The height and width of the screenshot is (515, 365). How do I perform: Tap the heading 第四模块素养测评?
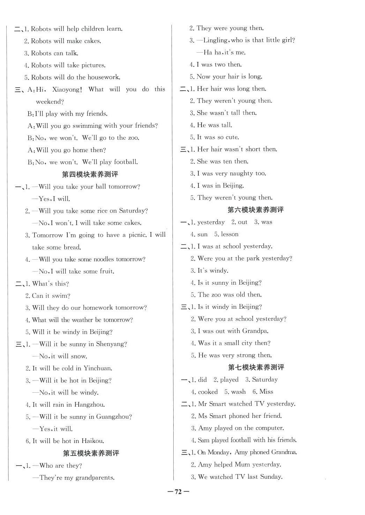(x=90, y=174)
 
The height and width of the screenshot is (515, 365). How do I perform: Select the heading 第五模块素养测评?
(x=91, y=453)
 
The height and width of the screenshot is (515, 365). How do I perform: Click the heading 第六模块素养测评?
(x=256, y=210)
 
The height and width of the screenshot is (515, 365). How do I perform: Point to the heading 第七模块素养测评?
(x=256, y=367)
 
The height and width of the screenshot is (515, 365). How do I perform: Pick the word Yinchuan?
(x=97, y=368)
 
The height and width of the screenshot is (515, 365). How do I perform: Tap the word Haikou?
(x=91, y=441)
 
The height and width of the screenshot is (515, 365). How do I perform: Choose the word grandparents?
(x=94, y=478)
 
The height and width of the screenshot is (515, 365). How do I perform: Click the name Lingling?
(x=215, y=40)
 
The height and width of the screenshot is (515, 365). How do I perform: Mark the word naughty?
(x=239, y=174)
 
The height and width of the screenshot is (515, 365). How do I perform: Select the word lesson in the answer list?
(x=230, y=234)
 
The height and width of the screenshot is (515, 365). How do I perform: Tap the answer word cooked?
(x=208, y=392)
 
